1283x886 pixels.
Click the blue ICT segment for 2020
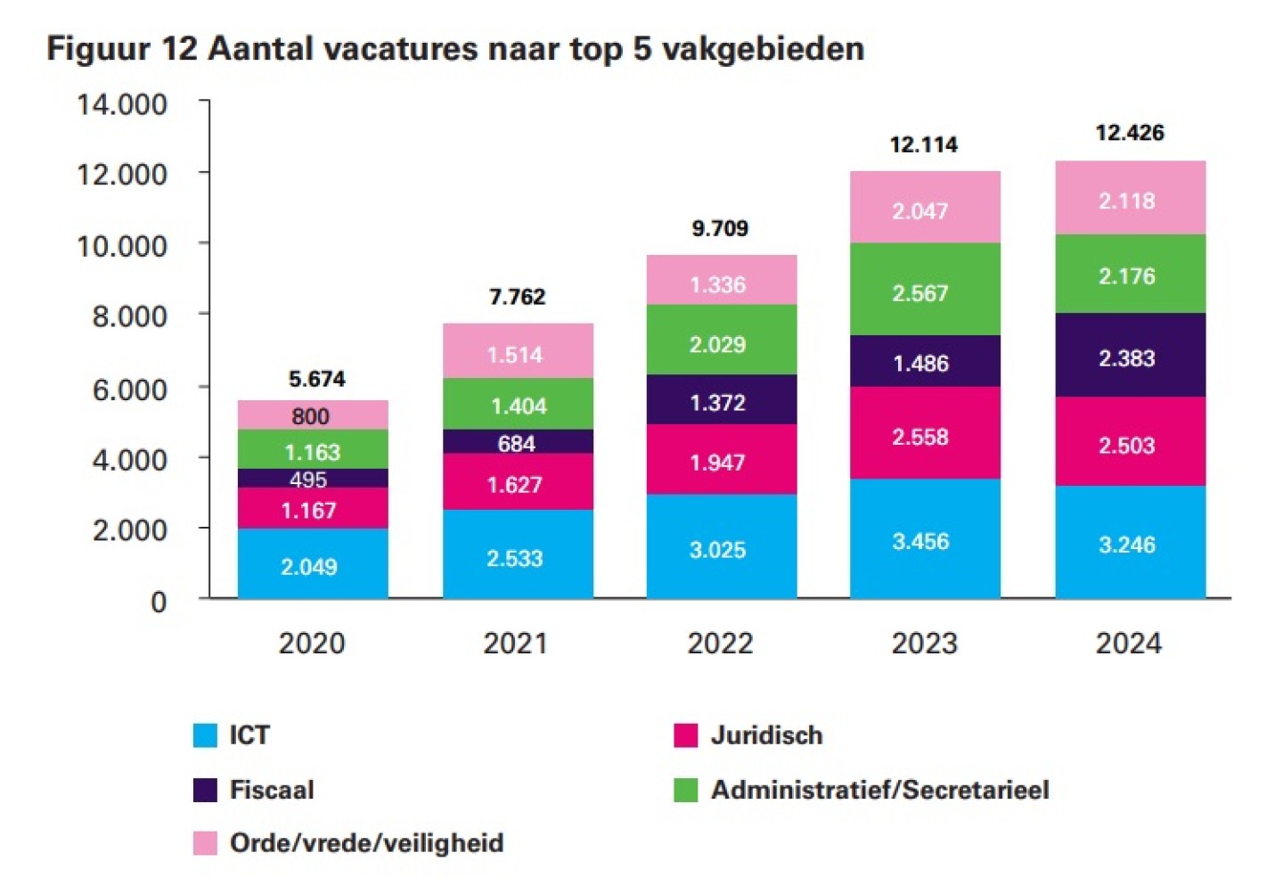pos(312,564)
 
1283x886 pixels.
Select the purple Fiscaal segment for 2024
pos(1130,356)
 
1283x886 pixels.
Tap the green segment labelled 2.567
pos(925,290)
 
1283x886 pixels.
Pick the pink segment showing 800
pos(312,415)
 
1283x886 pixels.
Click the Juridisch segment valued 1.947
pos(721,460)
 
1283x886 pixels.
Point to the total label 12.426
pos(1130,133)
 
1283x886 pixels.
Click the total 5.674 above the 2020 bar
pos(317,379)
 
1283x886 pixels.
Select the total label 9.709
pos(720,228)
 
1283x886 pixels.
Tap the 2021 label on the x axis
pos(515,643)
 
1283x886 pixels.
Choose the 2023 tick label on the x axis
pos(924,643)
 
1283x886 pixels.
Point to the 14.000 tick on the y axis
pos(122,104)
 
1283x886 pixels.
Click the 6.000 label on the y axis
pos(130,389)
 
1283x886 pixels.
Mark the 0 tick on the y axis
pos(159,603)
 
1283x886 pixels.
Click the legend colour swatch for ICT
pos(205,735)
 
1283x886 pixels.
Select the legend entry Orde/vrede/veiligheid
pos(366,842)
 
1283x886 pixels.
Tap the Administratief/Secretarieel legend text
pos(879,790)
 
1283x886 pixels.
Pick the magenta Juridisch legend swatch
pos(685,735)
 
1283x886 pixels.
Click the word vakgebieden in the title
pos(764,48)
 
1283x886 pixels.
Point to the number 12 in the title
pos(179,48)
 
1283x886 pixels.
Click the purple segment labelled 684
pos(518,442)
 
